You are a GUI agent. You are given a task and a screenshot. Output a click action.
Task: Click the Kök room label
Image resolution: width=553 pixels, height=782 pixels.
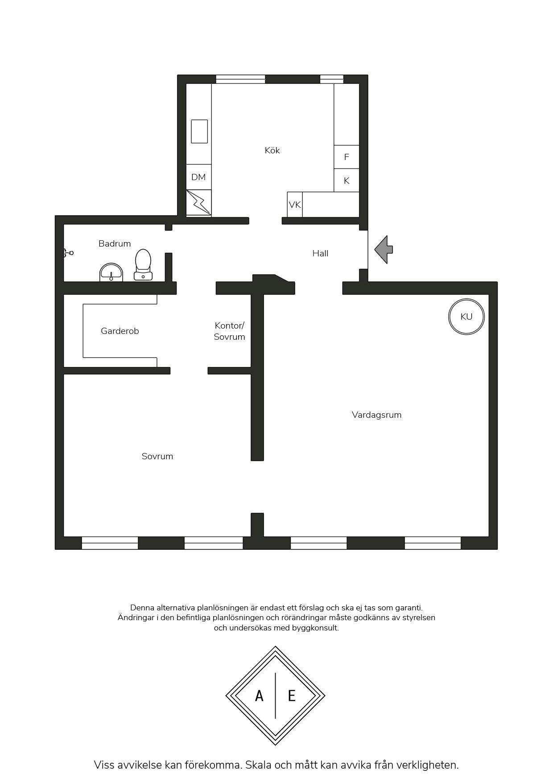click(272, 150)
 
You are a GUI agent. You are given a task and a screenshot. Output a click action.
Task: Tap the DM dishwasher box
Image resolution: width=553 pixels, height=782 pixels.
click(198, 177)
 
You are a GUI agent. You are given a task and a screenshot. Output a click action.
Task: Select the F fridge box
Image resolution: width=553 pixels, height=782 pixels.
click(347, 157)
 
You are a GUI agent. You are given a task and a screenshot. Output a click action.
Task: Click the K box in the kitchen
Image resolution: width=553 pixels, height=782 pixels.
click(347, 180)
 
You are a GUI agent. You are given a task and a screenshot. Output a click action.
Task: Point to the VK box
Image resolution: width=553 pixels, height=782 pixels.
click(295, 205)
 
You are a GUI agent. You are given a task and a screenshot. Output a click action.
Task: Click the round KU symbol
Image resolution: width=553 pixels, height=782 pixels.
click(466, 317)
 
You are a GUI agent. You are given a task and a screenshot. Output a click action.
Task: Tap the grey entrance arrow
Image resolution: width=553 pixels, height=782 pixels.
click(384, 250)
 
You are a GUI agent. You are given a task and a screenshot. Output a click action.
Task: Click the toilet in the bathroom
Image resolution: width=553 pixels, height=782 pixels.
click(143, 264)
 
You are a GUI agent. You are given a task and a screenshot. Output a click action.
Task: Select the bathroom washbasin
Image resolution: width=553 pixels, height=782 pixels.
click(111, 272)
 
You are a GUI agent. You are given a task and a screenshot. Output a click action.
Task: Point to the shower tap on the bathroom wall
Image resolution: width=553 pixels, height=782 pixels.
click(68, 253)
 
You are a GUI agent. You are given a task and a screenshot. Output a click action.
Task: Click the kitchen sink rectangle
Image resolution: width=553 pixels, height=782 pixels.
click(199, 131)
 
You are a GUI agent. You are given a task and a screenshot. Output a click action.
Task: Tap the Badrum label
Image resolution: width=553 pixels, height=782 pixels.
click(115, 243)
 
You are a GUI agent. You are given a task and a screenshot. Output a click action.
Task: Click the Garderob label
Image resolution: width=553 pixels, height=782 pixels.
click(120, 331)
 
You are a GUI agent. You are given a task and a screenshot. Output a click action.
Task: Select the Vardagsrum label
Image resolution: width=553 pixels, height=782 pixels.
click(377, 415)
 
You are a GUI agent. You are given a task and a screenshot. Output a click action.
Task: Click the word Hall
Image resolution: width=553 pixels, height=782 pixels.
click(320, 253)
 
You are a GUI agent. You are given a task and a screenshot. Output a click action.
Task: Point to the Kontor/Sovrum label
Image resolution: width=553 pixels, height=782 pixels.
click(229, 331)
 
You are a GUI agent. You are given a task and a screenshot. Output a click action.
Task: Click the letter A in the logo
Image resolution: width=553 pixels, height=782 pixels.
click(259, 696)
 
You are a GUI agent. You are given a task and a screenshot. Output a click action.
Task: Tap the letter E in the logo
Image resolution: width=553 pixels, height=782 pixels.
click(292, 696)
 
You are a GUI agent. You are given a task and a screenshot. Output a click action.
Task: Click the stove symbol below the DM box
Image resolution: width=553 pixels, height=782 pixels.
click(198, 203)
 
